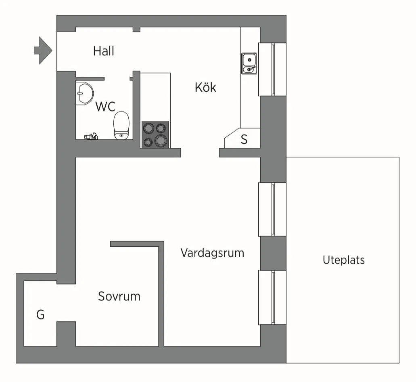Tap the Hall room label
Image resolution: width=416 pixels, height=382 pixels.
pyautogui.click(x=104, y=51)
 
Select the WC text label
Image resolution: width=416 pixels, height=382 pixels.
pyautogui.click(x=105, y=107)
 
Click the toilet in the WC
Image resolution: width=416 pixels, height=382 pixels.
pyautogui.click(x=121, y=124)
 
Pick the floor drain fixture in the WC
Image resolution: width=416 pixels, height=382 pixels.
pyautogui.click(x=91, y=136)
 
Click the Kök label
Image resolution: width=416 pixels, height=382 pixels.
pyautogui.click(x=205, y=87)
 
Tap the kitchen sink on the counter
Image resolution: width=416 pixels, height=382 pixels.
pyautogui.click(x=249, y=64)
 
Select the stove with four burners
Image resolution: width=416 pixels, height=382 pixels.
pyautogui.click(x=155, y=134)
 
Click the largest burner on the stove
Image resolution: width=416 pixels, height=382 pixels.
pyautogui.click(x=161, y=141)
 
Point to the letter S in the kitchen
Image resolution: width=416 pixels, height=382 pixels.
pyautogui.click(x=244, y=140)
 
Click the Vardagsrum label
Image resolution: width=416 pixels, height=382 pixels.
pyautogui.click(x=212, y=253)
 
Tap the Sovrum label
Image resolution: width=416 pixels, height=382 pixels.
pyautogui.click(x=119, y=296)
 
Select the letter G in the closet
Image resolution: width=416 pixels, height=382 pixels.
pyautogui.click(x=40, y=315)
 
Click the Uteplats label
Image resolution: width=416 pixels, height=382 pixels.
pyautogui.click(x=343, y=260)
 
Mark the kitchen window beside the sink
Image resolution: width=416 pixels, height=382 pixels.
pyautogui.click(x=272, y=69)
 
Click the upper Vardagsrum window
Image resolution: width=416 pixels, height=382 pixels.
pyautogui.click(x=272, y=209)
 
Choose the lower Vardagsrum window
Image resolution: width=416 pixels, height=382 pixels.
pyautogui.click(x=272, y=297)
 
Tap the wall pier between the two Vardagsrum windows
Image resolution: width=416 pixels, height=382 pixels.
pyautogui.click(x=272, y=253)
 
